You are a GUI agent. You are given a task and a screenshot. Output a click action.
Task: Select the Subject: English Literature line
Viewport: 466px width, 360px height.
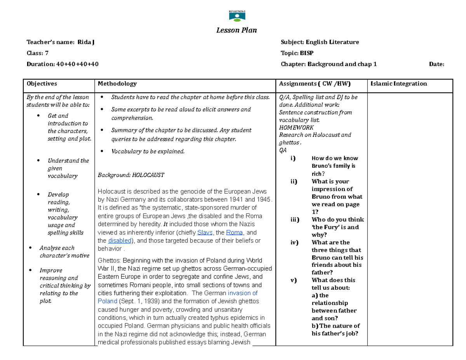[320, 42]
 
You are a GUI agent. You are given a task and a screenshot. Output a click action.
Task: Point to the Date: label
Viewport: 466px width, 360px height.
[436, 64]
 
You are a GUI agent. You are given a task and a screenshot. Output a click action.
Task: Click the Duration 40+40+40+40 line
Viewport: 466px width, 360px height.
[62, 64]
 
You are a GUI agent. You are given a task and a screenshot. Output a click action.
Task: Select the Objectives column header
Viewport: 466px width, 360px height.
[42, 83]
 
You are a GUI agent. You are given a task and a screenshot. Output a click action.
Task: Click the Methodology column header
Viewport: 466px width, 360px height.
[117, 83]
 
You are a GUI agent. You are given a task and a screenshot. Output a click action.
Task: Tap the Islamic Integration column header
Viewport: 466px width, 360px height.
[399, 83]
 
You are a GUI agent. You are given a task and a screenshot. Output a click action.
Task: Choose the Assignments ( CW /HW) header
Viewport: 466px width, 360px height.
[315, 83]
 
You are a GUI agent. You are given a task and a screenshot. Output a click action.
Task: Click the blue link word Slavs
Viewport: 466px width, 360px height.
[205, 233]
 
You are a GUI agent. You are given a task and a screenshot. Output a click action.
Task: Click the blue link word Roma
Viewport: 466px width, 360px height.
[234, 233]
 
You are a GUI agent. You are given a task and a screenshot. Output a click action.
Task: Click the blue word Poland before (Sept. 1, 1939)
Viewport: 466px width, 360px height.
[107, 301]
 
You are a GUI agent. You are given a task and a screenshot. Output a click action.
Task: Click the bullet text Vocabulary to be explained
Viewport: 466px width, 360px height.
[148, 151]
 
